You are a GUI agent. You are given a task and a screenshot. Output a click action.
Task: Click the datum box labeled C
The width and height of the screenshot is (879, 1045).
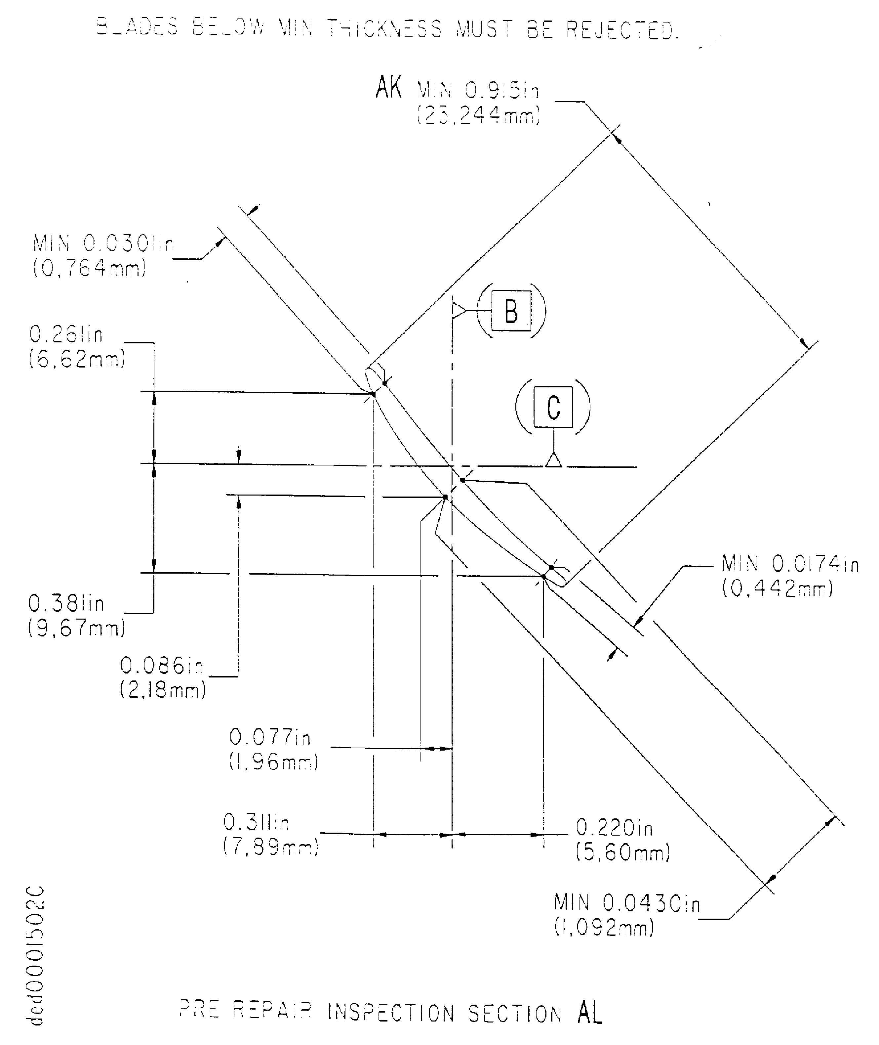point(553,407)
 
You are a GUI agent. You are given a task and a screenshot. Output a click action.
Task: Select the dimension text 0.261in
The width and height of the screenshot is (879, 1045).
point(66,334)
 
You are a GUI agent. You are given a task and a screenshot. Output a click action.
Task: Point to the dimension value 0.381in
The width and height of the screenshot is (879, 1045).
point(66,604)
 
